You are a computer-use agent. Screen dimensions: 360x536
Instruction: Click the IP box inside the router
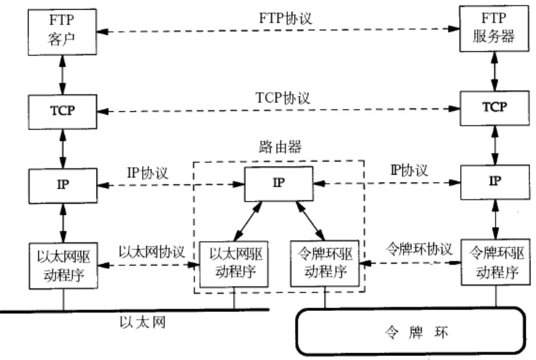click(279, 184)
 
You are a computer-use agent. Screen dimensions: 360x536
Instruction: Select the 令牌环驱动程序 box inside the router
click(325, 263)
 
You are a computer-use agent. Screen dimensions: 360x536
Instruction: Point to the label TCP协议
click(283, 98)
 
